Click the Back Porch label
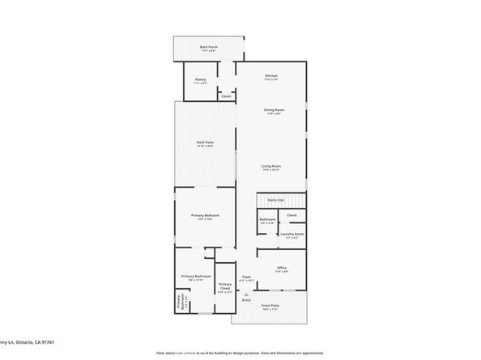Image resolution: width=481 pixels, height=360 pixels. point(208,48)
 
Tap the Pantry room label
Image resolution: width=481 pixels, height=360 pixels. point(200,80)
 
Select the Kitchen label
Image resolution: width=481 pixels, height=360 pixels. point(271,76)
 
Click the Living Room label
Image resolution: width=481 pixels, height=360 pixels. point(270,167)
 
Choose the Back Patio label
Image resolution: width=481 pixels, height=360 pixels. point(205,143)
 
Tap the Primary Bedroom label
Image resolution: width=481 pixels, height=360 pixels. point(205,216)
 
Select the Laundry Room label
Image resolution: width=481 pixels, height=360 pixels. point(291,235)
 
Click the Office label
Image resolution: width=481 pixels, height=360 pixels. point(282,268)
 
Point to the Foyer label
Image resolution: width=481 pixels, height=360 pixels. point(246,277)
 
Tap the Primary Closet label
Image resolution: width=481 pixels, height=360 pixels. point(224,286)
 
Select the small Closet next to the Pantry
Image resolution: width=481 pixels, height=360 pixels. point(226,96)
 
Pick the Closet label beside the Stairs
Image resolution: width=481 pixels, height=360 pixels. point(292,215)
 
